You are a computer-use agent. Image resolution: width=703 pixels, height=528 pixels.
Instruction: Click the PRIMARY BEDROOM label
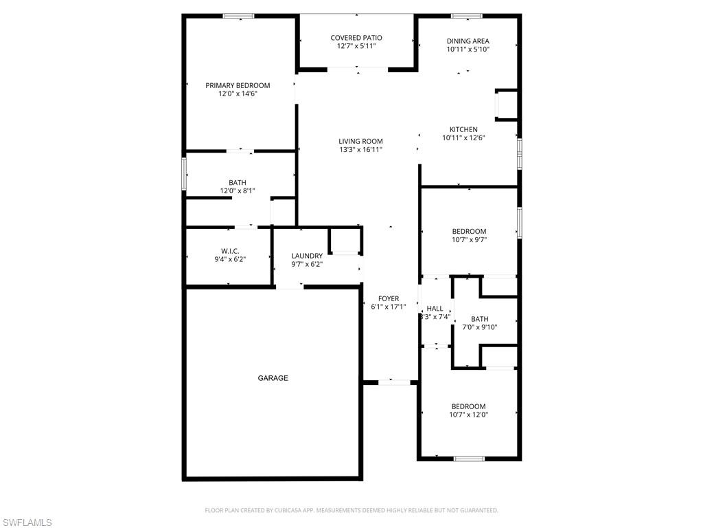(x=238, y=85)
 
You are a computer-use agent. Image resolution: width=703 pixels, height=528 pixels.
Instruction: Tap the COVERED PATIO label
(x=356, y=38)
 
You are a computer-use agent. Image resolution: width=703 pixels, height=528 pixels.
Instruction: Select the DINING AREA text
(x=468, y=41)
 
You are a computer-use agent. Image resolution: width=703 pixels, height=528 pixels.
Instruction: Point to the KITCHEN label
(x=463, y=129)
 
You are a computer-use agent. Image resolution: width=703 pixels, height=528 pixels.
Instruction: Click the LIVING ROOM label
(x=360, y=141)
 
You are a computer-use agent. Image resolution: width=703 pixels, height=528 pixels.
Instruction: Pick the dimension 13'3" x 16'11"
(x=360, y=150)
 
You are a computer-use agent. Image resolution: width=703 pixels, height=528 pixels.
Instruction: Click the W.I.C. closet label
(x=229, y=251)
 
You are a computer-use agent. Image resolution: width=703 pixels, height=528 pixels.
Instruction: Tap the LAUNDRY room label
(x=307, y=256)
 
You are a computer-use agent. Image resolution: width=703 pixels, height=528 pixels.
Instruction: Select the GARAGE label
(x=273, y=378)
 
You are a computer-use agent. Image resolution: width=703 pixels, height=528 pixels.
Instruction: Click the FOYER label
(x=389, y=298)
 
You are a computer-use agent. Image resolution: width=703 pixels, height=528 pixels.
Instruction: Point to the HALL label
(x=435, y=309)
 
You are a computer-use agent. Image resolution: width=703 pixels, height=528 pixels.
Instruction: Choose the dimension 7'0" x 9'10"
(x=480, y=327)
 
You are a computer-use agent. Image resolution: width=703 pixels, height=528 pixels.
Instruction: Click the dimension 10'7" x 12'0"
(x=468, y=415)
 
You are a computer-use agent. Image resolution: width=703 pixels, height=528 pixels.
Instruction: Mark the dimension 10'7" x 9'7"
(x=469, y=240)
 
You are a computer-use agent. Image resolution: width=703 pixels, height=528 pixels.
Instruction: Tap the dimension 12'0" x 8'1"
(x=238, y=191)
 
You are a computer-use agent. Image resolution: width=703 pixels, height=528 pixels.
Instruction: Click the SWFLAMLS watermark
(x=26, y=522)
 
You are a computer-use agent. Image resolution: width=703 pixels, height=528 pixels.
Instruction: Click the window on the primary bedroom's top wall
(x=238, y=16)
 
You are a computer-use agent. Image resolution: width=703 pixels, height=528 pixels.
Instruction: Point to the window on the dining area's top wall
(x=466, y=16)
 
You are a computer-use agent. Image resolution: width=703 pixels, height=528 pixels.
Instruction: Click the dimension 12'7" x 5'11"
(x=356, y=46)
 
